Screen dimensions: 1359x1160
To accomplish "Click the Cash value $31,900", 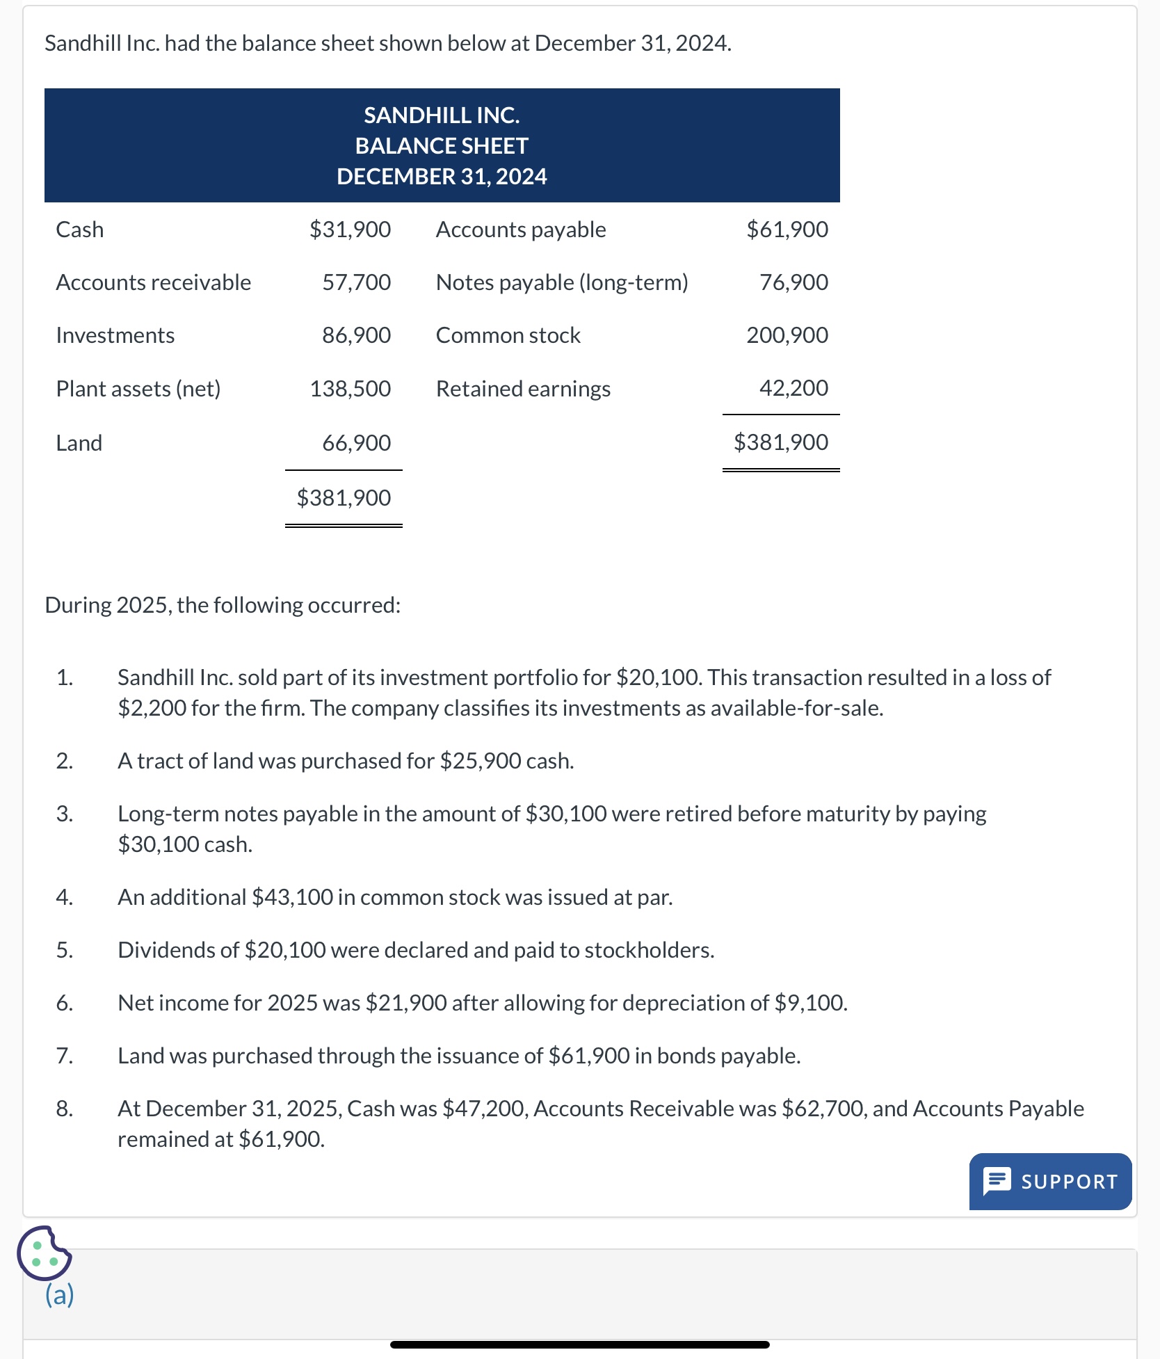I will (x=350, y=230).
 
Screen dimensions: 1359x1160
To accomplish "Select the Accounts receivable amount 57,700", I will (x=356, y=282).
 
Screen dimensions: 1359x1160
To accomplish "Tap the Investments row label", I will (x=115, y=335).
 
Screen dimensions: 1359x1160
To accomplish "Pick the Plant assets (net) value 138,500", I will (x=350, y=388).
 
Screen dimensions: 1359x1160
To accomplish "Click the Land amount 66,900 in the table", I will (x=356, y=442).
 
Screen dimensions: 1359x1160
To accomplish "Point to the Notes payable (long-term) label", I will (x=562, y=282).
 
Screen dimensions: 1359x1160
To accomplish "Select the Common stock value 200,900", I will (x=787, y=335).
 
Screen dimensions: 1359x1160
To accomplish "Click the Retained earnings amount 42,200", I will (x=793, y=388).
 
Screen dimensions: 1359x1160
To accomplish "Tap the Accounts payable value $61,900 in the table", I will (x=787, y=230).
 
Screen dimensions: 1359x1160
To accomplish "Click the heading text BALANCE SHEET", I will (x=442, y=146).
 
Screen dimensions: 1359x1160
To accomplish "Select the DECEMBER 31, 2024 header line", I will (x=442, y=177).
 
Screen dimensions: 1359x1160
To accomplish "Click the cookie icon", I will (x=44, y=1253).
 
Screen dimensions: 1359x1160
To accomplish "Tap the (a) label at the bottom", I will (x=60, y=1294).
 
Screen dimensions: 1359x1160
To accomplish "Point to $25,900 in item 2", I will (x=481, y=761).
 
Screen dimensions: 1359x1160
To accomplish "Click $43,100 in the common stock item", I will (x=292, y=897).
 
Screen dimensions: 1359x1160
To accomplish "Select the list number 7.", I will (x=64, y=1056).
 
